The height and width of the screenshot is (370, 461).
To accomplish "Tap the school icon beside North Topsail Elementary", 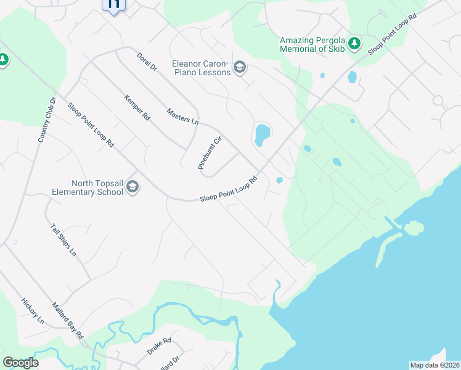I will tap(133, 187).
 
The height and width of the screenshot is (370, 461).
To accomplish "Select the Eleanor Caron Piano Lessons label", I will tap(201, 68).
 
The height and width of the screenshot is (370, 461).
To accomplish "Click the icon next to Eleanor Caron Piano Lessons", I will tap(240, 68).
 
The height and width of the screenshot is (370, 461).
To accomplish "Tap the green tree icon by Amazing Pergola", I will tap(354, 43).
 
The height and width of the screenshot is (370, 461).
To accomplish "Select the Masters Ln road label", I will tap(183, 115).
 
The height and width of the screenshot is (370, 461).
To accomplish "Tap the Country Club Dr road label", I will tap(47, 120).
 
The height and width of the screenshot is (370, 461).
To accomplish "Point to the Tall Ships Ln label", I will tap(63, 240).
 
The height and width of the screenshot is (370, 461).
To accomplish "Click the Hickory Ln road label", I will tap(33, 311).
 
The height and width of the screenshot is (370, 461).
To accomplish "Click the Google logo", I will tap(20, 363).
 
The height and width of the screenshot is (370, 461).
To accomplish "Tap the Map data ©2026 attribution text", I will tap(434, 365).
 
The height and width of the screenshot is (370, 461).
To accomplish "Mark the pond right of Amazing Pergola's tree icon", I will tap(352, 77).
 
